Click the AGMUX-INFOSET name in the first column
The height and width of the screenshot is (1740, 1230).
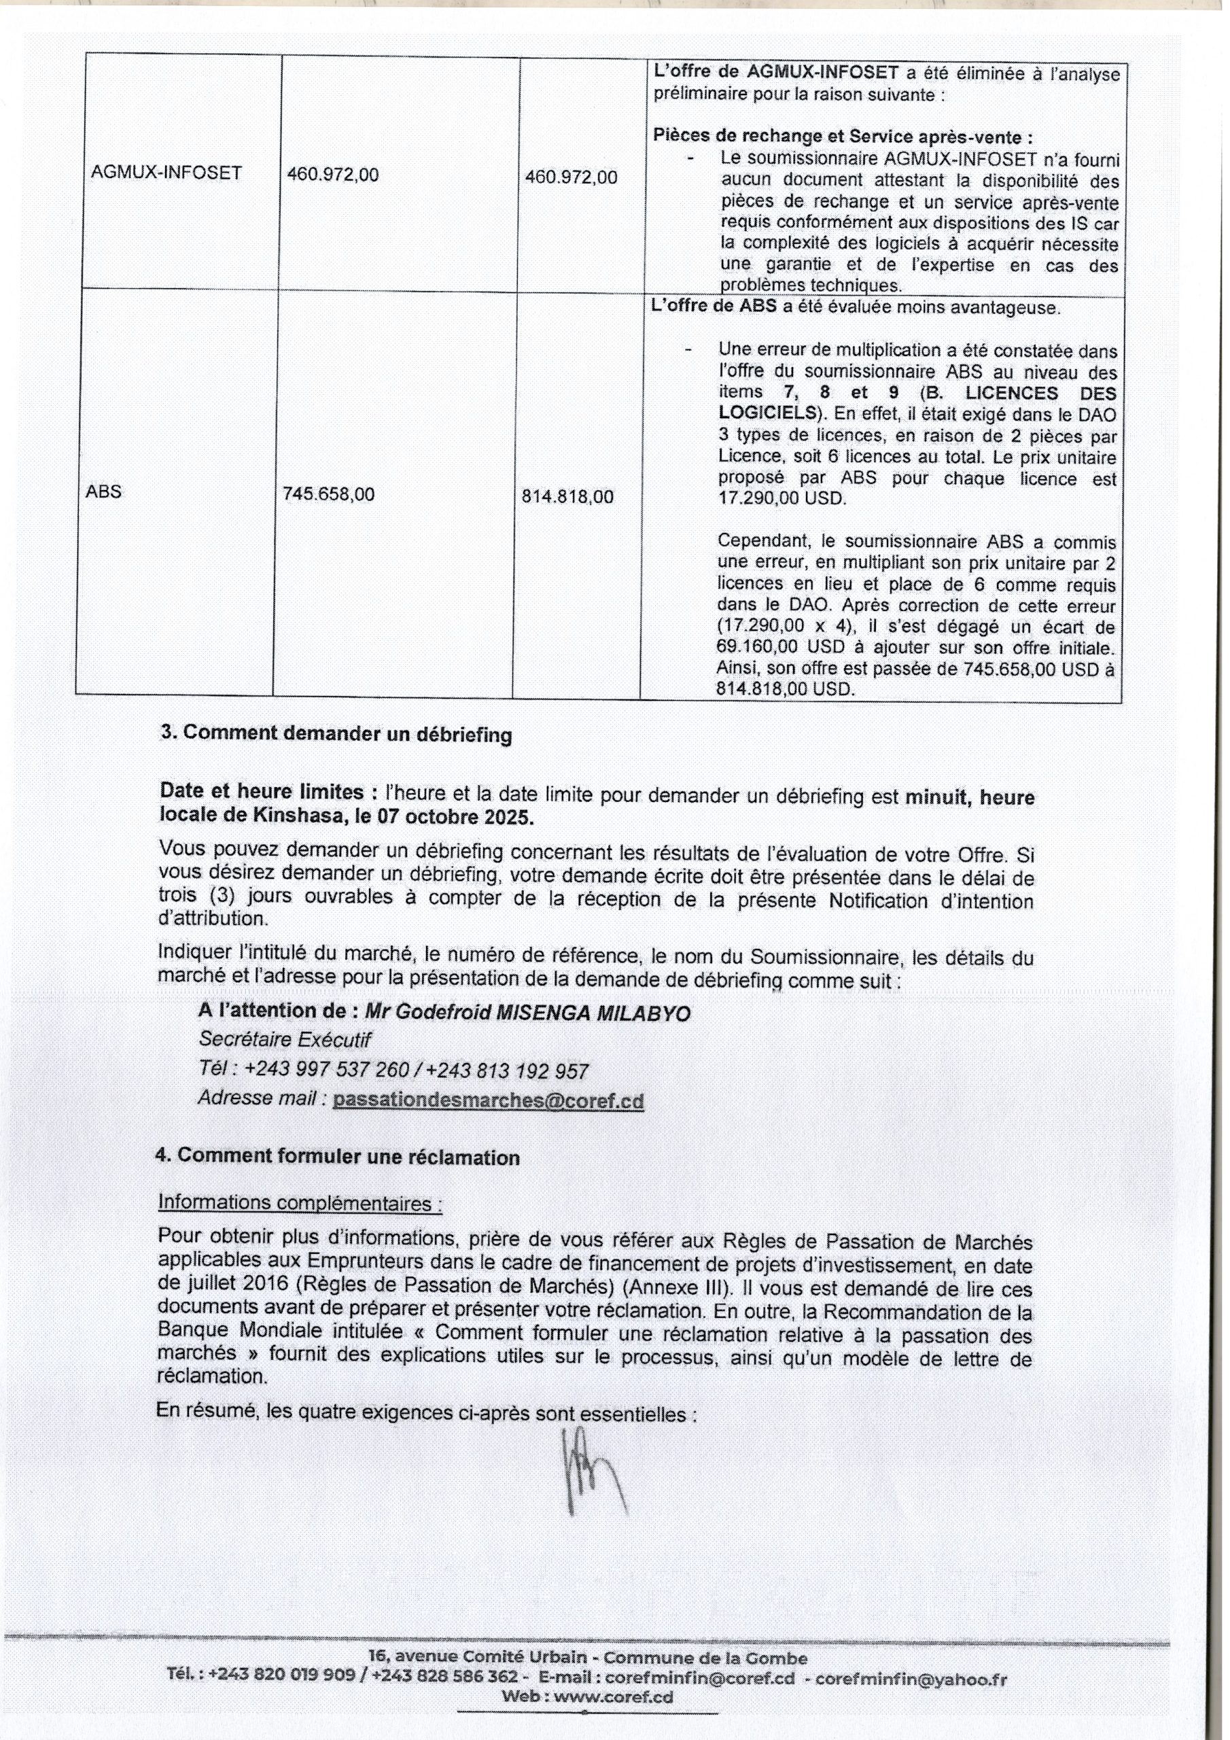pyautogui.click(x=166, y=173)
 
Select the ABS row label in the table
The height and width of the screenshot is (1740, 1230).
pyautogui.click(x=104, y=491)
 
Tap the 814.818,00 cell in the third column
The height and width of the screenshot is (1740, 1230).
pyautogui.click(x=568, y=496)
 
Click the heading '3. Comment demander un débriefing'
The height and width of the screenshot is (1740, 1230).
pyautogui.click(x=336, y=734)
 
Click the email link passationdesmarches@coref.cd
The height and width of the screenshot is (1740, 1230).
pyautogui.click(x=488, y=1100)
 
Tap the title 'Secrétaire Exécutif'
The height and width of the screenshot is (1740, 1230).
pyautogui.click(x=285, y=1040)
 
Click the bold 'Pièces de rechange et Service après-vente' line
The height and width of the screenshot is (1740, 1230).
pyautogui.click(x=843, y=137)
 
